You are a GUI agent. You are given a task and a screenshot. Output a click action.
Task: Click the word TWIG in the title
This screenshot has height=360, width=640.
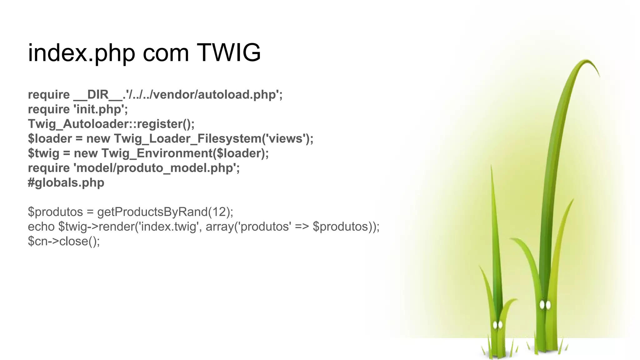pyautogui.click(x=229, y=53)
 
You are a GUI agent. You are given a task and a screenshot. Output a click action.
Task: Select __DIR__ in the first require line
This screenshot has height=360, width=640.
pyautogui.click(x=98, y=95)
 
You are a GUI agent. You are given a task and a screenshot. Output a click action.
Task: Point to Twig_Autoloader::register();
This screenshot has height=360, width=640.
pyautogui.click(x=111, y=124)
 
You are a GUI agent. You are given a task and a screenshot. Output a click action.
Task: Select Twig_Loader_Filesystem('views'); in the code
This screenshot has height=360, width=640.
pyautogui.click(x=213, y=139)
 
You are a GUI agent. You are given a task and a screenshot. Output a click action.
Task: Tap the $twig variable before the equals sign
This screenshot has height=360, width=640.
pyautogui.click(x=43, y=153)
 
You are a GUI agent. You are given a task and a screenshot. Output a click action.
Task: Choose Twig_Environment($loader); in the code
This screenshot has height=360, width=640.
pyautogui.click(x=185, y=153)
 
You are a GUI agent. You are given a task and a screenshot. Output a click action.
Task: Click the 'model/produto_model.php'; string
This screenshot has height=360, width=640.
pyautogui.click(x=156, y=168)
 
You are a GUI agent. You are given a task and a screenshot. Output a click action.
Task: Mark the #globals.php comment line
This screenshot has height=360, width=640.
pyautogui.click(x=66, y=183)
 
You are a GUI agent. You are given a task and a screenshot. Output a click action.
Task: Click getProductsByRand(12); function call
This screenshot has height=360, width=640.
pyautogui.click(x=165, y=212)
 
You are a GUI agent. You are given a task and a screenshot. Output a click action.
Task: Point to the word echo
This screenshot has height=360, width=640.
pyautogui.click(x=41, y=227)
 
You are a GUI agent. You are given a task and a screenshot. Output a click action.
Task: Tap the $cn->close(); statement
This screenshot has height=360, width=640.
pyautogui.click(x=64, y=241)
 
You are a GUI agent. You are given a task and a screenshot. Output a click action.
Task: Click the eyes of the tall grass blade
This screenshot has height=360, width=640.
pyautogui.click(x=545, y=305)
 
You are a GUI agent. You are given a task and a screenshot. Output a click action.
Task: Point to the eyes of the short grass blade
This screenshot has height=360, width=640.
pyautogui.click(x=497, y=325)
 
